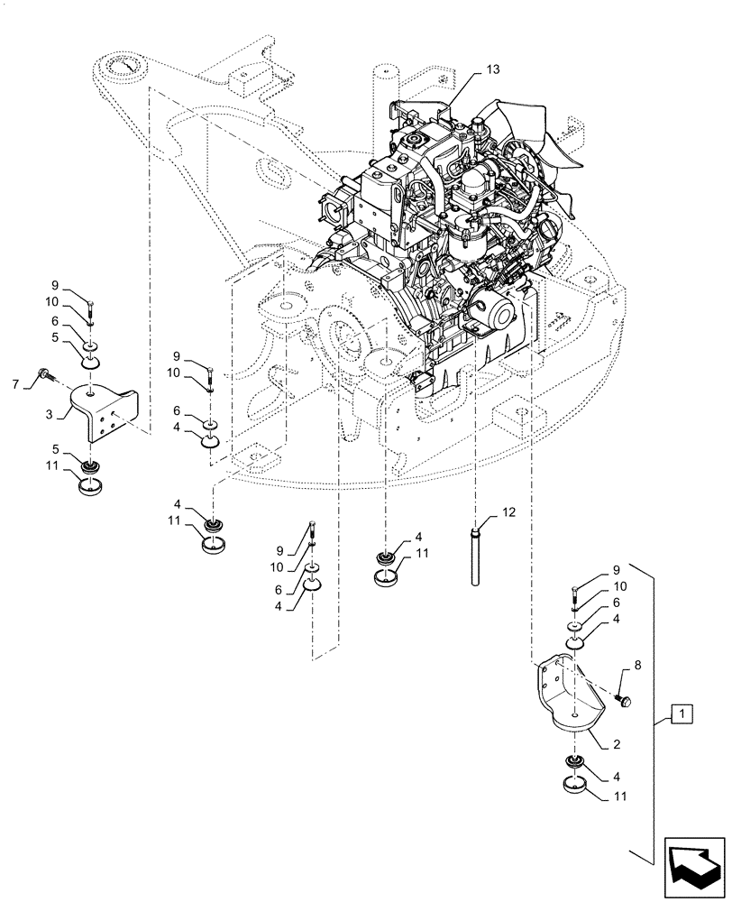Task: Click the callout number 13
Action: pos(491,69)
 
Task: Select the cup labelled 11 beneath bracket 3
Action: pos(90,490)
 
